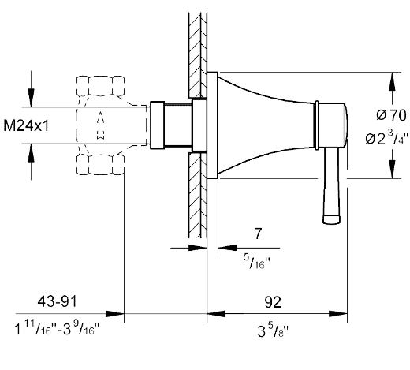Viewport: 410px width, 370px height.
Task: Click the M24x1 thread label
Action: [26, 125]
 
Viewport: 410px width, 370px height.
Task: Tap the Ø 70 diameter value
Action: [391, 115]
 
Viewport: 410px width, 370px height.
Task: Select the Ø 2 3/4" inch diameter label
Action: [386, 137]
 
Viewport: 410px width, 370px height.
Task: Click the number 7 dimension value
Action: [259, 234]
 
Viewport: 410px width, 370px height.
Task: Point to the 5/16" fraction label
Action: [257, 261]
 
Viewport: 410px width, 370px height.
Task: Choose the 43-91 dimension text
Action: [57, 301]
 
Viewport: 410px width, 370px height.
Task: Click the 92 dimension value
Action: [273, 302]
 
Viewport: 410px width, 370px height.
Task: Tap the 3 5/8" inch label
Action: [273, 331]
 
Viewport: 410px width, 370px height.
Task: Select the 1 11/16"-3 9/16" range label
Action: [57, 328]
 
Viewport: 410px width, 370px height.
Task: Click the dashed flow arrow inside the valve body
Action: [100, 125]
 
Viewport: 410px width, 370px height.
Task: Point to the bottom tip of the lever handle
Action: [331, 223]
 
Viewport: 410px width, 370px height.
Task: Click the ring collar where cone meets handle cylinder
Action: [317, 125]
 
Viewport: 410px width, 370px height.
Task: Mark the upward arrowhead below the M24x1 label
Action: [32, 153]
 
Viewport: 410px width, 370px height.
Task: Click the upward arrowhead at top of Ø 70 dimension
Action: [392, 81]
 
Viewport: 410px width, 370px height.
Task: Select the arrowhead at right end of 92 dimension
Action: [338, 314]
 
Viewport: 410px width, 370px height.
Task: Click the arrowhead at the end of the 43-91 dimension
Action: [114, 314]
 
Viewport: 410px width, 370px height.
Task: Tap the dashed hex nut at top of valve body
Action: [100, 86]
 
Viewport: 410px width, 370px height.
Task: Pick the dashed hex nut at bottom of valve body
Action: [100, 165]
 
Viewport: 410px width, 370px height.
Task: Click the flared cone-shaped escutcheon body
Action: [266, 125]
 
